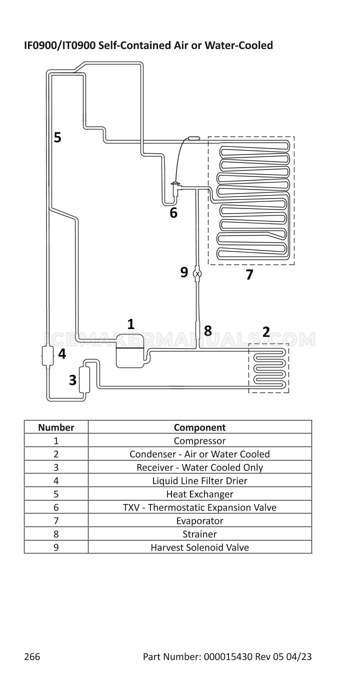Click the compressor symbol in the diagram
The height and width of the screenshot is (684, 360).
point(130,351)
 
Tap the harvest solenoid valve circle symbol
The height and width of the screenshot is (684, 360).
point(197,273)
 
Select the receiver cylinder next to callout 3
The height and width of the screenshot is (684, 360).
point(84,379)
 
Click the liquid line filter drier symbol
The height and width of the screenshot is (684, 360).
point(47,355)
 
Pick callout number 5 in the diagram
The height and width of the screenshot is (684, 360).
point(57,137)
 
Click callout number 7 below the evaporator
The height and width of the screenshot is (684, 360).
point(249,274)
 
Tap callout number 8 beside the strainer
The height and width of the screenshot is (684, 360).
point(207,330)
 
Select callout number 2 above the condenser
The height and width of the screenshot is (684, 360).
point(266,331)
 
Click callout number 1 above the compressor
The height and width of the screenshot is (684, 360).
point(130,324)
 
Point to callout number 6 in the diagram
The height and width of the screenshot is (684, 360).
point(173,212)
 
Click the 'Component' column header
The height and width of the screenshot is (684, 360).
point(199,427)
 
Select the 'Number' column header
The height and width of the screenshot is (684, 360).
point(56,427)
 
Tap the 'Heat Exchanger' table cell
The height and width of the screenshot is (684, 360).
point(199,494)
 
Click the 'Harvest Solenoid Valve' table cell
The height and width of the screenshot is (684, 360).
point(199,547)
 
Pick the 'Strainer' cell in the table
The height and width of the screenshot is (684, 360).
point(199,534)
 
